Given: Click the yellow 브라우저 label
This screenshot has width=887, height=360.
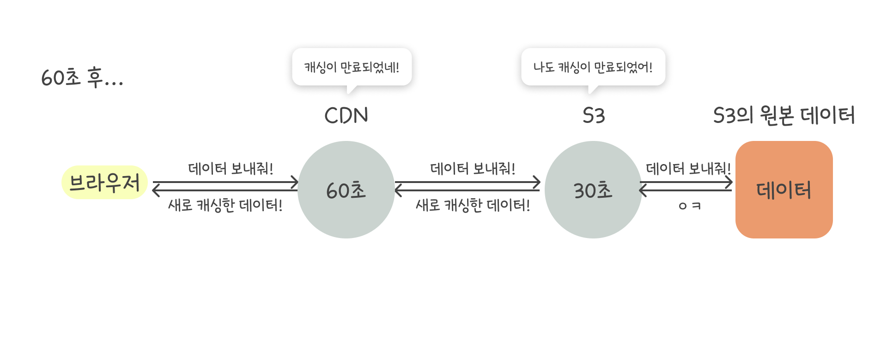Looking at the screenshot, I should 104,183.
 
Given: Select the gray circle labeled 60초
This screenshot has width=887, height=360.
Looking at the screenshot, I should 346,190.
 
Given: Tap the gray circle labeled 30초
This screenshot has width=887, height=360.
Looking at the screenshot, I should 593,190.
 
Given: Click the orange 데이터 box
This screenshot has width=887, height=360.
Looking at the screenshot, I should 784,190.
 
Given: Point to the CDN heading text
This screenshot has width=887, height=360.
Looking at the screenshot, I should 346,116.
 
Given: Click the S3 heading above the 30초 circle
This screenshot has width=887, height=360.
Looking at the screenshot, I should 594,116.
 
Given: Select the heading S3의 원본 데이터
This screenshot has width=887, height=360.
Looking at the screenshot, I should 784,116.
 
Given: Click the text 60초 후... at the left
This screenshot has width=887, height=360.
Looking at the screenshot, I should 82,77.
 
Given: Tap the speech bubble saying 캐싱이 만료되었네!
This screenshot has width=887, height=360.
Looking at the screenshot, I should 352,67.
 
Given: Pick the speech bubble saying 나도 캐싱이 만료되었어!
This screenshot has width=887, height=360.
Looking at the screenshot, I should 593,67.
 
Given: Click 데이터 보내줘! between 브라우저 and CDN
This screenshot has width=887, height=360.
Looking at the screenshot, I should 231,169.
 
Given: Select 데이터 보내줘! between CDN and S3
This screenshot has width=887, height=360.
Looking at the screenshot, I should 473,169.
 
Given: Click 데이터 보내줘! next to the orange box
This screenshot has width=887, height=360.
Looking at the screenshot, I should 688,169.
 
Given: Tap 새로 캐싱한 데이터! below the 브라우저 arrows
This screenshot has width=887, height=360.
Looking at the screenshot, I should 225,205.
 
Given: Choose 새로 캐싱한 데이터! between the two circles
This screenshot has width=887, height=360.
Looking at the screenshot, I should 473,205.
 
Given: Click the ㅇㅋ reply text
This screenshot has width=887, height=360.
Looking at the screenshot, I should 689,206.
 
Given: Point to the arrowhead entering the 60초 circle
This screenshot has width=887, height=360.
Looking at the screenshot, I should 295,183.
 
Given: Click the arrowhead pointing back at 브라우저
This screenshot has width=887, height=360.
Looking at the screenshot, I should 156,190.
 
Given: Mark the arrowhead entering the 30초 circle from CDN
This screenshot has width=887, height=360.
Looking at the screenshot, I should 537,183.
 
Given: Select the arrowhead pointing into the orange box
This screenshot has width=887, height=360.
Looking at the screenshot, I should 729,183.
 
